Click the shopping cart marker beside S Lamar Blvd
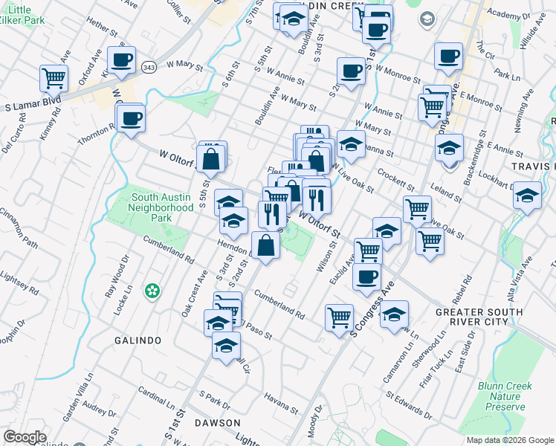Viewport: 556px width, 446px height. (x=54, y=77)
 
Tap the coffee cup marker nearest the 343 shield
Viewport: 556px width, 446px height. (x=120, y=59)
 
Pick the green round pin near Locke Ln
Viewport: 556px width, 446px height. (x=153, y=291)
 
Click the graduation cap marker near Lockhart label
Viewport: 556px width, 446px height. (x=527, y=195)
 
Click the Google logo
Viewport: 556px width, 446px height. (x=25, y=437)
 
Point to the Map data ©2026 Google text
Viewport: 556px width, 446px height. (x=509, y=440)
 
